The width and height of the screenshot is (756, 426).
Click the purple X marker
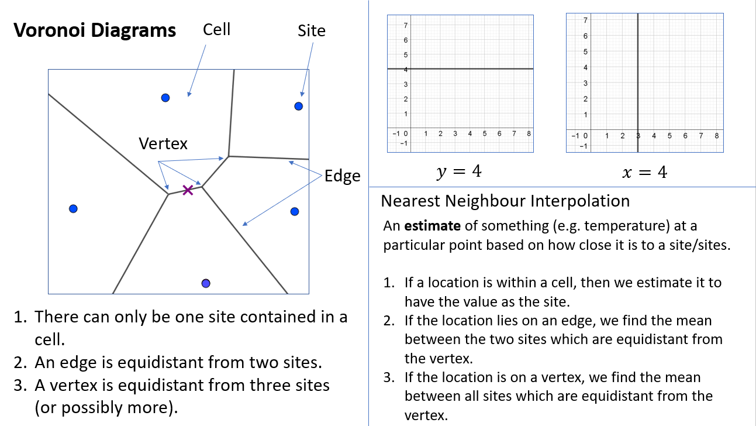coord(188,190)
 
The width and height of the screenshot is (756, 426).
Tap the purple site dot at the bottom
coord(206,283)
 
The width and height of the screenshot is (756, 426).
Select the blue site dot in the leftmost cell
coord(73,209)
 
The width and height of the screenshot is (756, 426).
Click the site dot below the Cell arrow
coord(165,98)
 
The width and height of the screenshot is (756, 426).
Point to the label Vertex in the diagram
coord(163,143)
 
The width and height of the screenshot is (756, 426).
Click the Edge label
coord(342,176)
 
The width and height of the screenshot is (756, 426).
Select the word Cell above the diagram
coord(217,29)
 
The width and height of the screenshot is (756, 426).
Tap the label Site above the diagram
coord(312,31)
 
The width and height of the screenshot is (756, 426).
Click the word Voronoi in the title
coord(49,30)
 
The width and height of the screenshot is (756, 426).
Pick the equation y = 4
coord(459,171)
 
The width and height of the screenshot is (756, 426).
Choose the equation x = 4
coord(645,172)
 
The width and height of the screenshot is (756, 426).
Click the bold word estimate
coord(432,226)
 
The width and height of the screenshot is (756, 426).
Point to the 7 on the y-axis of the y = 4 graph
coord(406,25)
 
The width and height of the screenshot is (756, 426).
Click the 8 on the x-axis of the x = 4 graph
coord(716,136)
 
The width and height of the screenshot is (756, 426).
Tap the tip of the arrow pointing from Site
coord(302,97)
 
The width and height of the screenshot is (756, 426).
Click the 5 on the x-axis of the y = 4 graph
coord(484,133)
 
